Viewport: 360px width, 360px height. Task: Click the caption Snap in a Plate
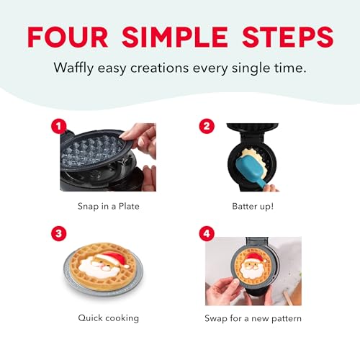coord(108,205)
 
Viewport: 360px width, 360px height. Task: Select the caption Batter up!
coord(253,205)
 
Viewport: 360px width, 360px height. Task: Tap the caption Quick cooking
coord(108,317)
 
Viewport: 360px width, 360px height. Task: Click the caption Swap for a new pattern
coord(253,317)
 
